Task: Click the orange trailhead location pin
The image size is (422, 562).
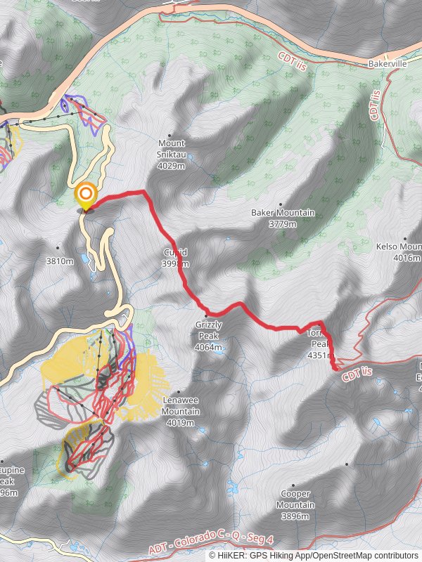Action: (86, 195)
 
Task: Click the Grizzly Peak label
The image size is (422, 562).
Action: (209, 330)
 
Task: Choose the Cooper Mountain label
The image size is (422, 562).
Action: (295, 500)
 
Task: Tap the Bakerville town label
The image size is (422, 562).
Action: (388, 63)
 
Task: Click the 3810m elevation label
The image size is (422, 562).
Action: (59, 261)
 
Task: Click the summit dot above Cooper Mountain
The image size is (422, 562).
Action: (347, 464)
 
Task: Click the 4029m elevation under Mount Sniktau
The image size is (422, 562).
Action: (172, 166)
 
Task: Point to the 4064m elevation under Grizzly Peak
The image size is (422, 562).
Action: (209, 347)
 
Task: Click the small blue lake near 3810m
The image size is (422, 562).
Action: (85, 259)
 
